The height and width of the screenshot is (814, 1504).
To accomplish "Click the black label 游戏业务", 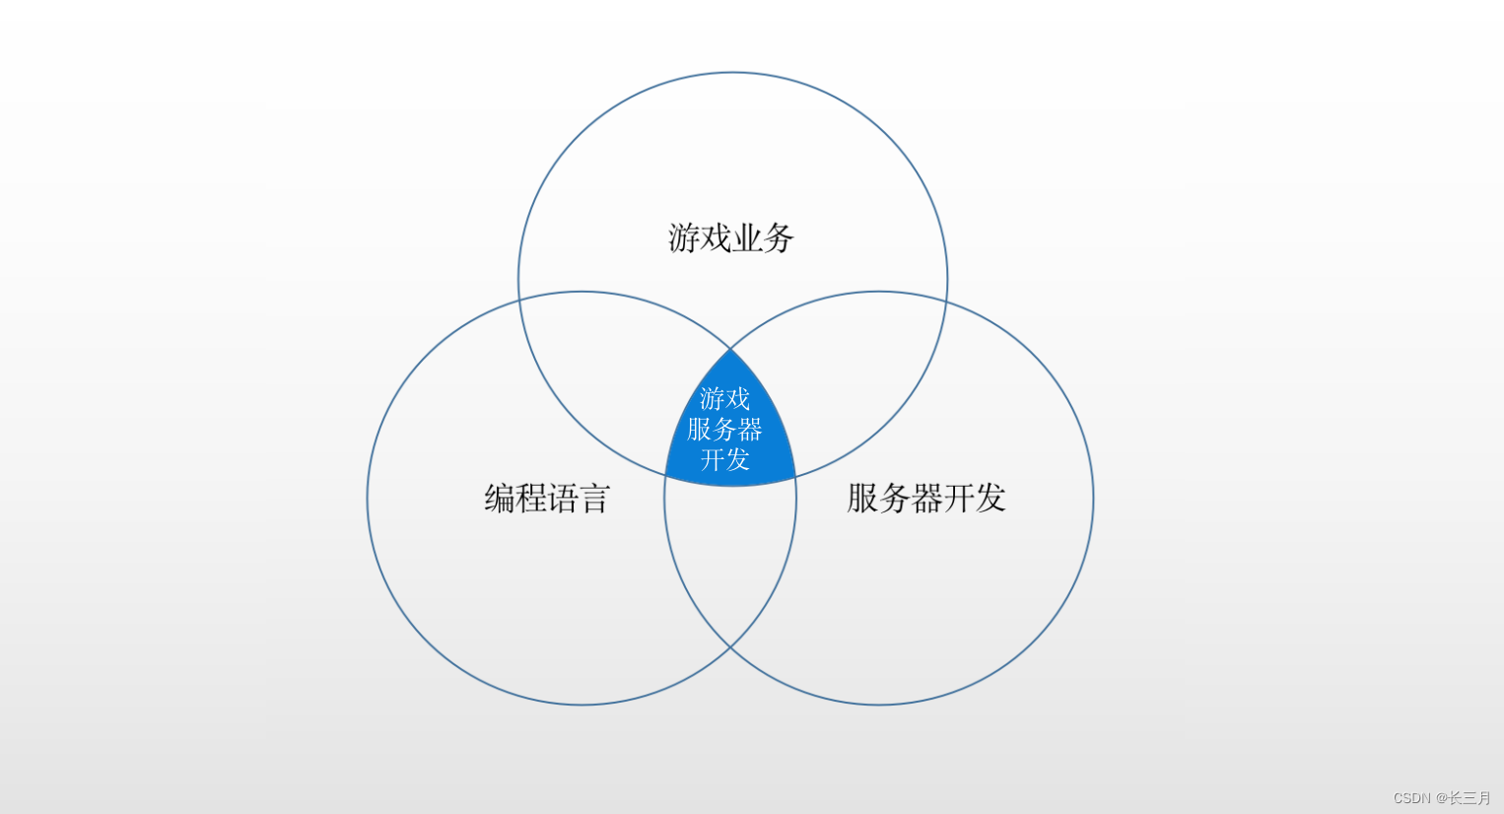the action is (x=730, y=238).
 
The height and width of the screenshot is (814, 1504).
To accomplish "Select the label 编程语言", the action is (x=547, y=499).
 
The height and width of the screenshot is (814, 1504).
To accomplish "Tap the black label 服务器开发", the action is (x=925, y=499).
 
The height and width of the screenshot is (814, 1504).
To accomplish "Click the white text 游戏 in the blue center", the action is (x=724, y=399).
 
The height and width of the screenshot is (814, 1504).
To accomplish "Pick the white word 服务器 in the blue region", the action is (x=724, y=430).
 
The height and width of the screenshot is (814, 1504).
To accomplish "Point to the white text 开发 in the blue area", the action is (x=724, y=459).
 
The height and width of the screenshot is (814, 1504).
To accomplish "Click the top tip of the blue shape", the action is (x=730, y=349).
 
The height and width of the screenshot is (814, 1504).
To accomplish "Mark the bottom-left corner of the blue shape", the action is (x=666, y=478).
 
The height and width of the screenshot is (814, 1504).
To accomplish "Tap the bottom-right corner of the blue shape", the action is (x=795, y=478).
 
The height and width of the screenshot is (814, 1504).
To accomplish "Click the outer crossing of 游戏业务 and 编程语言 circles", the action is (x=519, y=297).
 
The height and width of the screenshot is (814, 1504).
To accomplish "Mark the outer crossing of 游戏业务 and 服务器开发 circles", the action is (x=946, y=297).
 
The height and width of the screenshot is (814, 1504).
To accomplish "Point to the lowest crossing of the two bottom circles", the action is (x=730, y=646).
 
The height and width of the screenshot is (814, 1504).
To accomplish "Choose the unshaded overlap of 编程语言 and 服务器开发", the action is (x=730, y=562).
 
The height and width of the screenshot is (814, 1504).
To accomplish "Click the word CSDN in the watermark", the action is (x=1411, y=798).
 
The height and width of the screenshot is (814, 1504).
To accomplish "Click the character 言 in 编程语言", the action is (x=594, y=499).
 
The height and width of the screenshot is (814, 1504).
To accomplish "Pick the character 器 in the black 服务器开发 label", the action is (x=925, y=499).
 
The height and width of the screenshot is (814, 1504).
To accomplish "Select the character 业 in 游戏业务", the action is (x=746, y=238).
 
